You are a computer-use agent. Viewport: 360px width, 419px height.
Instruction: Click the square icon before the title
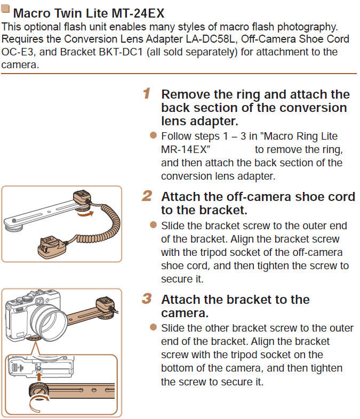(5, 9)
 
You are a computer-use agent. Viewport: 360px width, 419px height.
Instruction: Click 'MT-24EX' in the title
(138, 13)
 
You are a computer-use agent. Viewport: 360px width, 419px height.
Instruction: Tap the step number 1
(147, 93)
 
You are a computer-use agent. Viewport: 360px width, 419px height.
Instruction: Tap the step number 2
(147, 196)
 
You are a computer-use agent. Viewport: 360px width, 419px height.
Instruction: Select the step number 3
(147, 299)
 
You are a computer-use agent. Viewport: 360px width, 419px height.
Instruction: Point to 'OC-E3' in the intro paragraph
(17, 52)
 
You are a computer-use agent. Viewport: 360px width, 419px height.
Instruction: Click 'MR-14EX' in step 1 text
(184, 150)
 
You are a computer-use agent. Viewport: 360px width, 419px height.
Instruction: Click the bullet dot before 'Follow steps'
(153, 135)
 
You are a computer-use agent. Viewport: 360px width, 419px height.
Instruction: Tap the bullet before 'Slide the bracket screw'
(153, 225)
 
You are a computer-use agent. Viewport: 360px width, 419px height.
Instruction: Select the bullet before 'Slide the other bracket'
(153, 327)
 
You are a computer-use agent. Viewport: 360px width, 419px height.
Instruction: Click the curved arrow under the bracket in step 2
(85, 214)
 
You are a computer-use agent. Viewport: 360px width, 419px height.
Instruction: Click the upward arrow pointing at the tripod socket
(39, 376)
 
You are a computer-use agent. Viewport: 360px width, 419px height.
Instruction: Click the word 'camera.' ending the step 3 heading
(185, 313)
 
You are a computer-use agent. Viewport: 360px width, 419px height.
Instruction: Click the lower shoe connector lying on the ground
(52, 248)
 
